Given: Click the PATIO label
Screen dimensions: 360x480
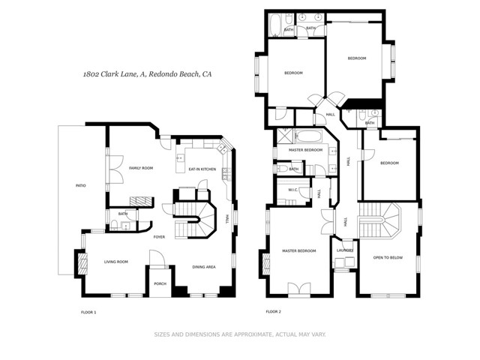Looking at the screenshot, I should (x=79, y=185).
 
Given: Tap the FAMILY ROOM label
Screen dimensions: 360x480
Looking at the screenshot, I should (x=140, y=168).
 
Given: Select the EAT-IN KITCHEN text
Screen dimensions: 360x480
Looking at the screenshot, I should (x=202, y=169).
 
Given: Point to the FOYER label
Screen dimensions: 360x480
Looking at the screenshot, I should (x=159, y=237).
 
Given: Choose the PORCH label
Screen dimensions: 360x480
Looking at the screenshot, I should (x=160, y=283).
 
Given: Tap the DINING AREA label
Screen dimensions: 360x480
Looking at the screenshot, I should (x=205, y=267).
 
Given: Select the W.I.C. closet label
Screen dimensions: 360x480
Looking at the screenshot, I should (x=294, y=190).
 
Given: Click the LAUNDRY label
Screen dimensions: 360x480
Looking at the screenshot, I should (x=345, y=250).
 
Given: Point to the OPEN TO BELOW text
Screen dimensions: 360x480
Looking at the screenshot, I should (x=388, y=258).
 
